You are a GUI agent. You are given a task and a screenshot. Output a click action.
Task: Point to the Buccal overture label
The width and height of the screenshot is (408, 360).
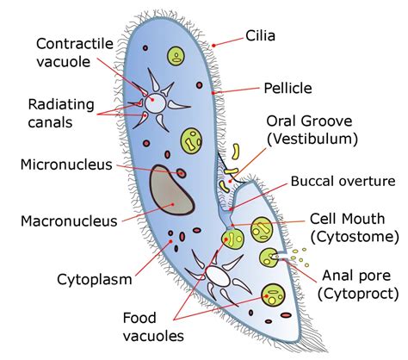pyautogui.click(x=342, y=182)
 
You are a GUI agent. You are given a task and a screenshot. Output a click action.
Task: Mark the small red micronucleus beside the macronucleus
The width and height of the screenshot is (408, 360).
pyautogui.click(x=182, y=174)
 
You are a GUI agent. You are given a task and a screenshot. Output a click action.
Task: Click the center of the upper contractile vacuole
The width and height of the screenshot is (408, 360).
pyautogui.click(x=156, y=102)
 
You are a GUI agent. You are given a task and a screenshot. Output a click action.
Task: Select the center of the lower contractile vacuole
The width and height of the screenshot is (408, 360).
pyautogui.click(x=218, y=276)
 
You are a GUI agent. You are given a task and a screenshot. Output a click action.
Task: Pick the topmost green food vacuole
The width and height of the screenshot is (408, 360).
pyautogui.click(x=176, y=59)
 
